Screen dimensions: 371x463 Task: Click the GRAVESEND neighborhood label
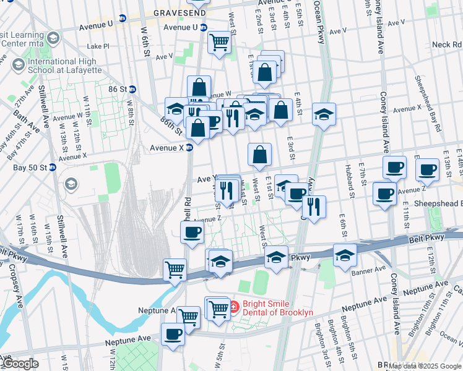tap(176, 12)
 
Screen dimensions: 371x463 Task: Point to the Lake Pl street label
tap(98, 46)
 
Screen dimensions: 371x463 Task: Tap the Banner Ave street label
tap(369, 269)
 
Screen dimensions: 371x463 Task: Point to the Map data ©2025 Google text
tap(425, 366)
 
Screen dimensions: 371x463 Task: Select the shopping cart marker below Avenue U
tap(219, 43)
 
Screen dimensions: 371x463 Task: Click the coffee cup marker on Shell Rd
tap(192, 232)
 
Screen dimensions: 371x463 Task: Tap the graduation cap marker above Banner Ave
tap(345, 255)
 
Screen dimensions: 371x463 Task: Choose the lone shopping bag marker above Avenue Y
tap(260, 155)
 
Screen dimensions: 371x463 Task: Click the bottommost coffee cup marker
tap(173, 335)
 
